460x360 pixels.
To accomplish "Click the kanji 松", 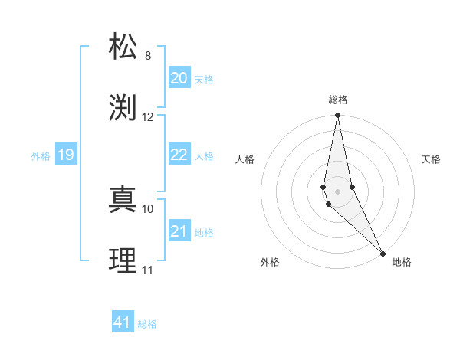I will [123, 47].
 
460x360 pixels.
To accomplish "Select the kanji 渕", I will [123, 108].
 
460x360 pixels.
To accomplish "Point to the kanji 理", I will [123, 261].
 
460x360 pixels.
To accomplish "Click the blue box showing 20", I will [179, 78].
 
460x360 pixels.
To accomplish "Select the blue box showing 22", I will [179, 155].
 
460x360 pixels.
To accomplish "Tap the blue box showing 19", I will [65, 155].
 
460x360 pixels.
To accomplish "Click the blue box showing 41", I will [123, 322].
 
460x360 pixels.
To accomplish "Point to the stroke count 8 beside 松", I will [148, 56].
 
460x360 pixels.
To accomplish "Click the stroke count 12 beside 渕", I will [148, 117].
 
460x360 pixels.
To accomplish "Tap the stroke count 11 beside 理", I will [148, 270].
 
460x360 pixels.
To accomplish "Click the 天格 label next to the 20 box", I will [204, 80].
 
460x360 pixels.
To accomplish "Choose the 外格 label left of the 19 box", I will [41, 156].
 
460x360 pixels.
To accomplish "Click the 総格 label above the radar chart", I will [338, 100].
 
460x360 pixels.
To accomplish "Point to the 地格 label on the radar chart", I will [402, 262].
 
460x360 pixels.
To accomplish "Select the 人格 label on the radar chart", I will [245, 159].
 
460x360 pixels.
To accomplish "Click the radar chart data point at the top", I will [337, 116].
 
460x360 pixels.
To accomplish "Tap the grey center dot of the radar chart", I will [337, 191].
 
